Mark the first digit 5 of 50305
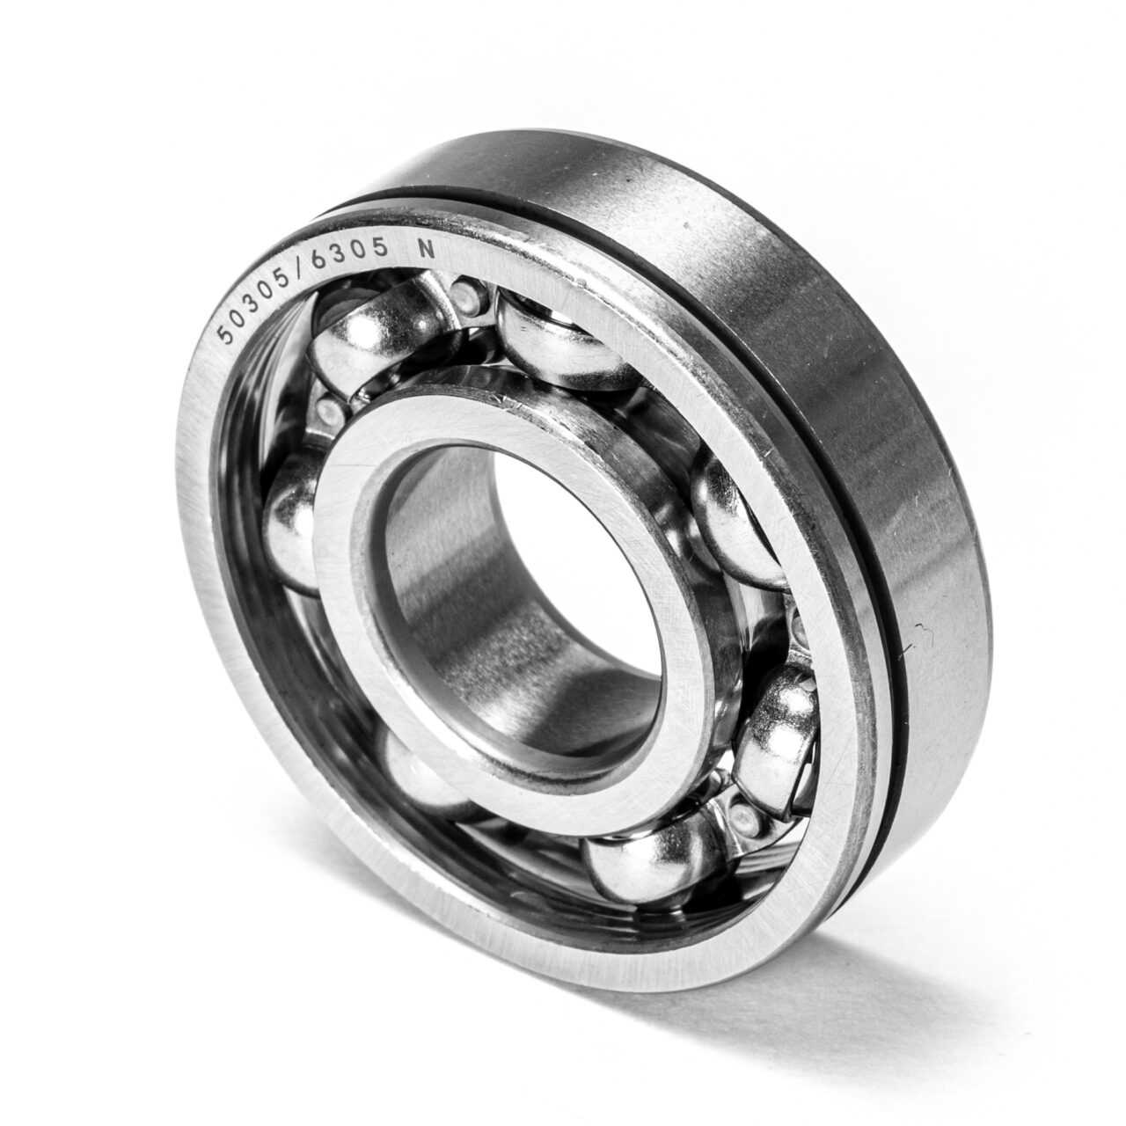(x=223, y=335)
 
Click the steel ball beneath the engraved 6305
(x=374, y=339)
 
